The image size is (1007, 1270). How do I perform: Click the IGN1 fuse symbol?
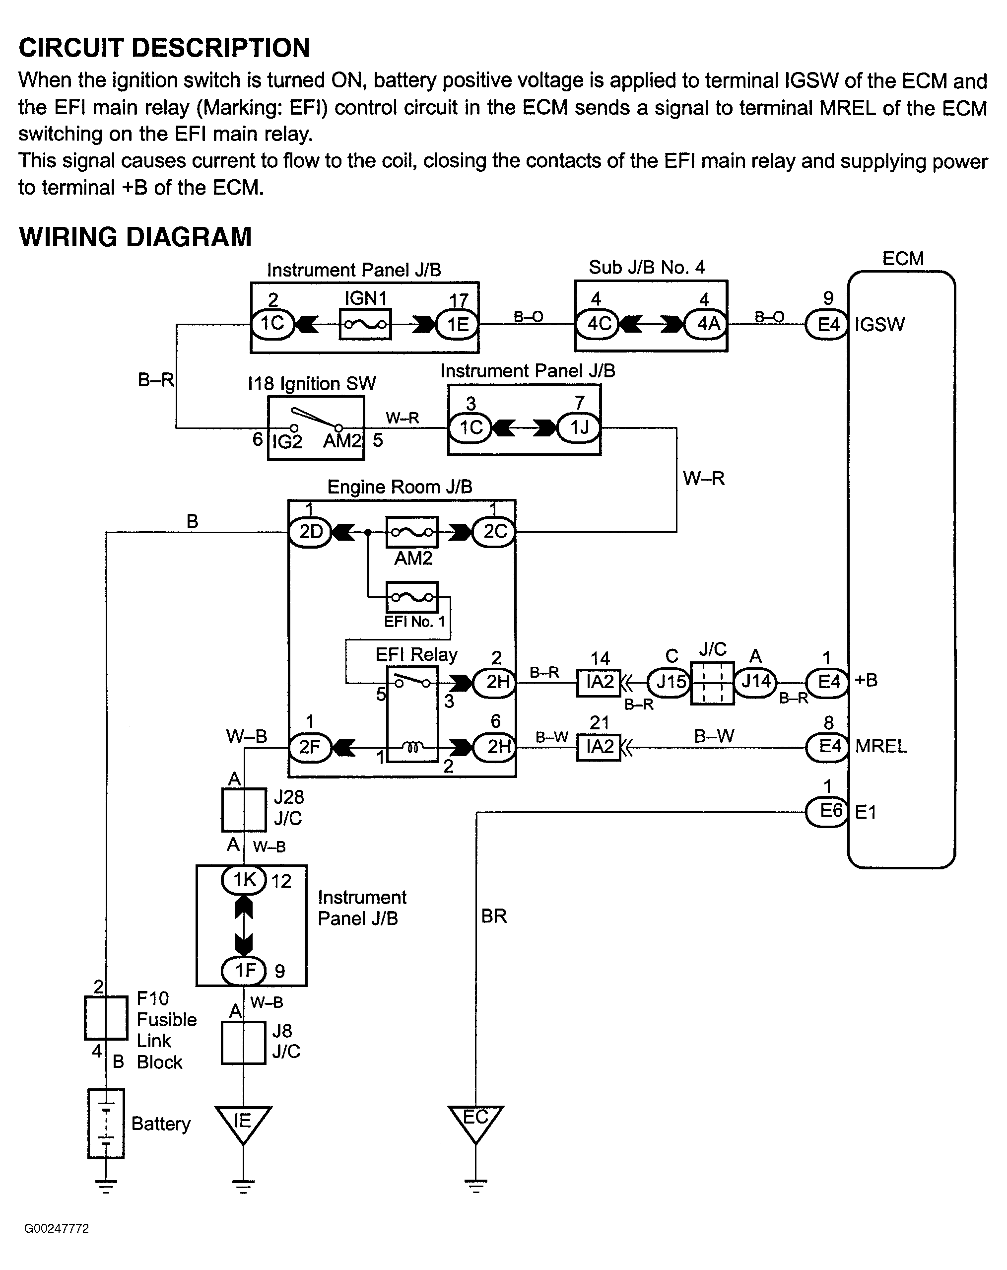click(x=365, y=325)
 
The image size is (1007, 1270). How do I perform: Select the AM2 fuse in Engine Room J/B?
click(x=411, y=533)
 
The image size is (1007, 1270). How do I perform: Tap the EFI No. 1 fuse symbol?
click(x=411, y=597)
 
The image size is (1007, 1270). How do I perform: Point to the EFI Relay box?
click(x=412, y=714)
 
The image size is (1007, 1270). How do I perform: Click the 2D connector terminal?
click(x=310, y=532)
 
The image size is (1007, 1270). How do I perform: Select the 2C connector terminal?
click(x=494, y=532)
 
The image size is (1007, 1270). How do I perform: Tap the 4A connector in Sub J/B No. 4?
click(x=708, y=324)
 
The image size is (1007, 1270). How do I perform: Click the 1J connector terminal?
click(x=578, y=427)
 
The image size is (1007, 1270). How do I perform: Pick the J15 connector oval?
click(x=670, y=683)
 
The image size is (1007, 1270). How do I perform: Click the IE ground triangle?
click(x=243, y=1123)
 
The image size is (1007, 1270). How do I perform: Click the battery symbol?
click(x=106, y=1124)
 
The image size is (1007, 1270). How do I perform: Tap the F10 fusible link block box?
click(x=106, y=1018)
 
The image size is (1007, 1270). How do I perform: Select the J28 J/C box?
click(x=243, y=810)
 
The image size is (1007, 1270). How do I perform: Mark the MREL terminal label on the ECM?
click(x=881, y=746)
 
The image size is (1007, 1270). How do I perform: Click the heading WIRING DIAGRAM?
click(x=135, y=237)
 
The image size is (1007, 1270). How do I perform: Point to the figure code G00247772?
click(x=57, y=1229)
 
